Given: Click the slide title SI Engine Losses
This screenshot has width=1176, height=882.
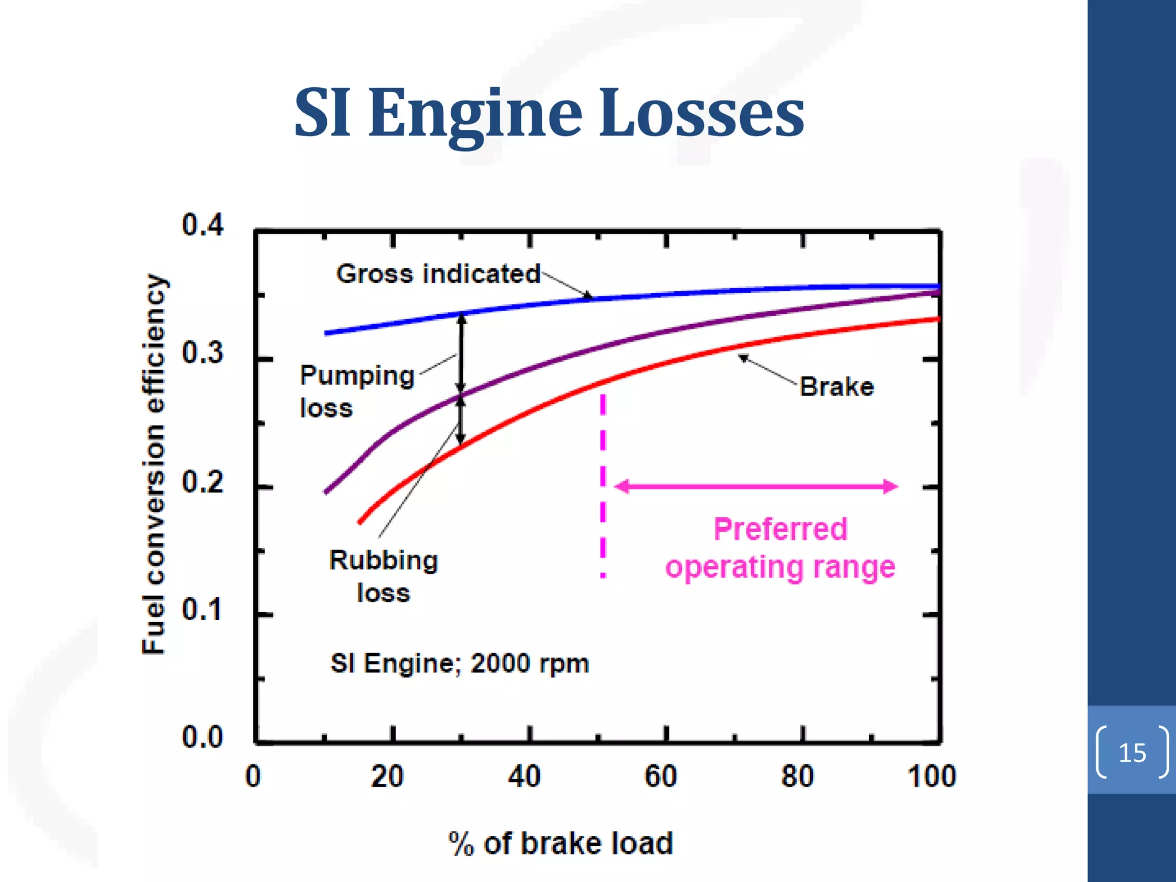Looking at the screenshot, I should [x=549, y=113].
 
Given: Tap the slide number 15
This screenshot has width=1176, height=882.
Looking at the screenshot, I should [x=1132, y=753].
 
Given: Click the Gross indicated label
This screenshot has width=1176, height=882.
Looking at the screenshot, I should [x=438, y=274].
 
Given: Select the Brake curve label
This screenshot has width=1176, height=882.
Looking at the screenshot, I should [x=837, y=387].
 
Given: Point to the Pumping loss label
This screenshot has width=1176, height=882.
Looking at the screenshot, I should [x=356, y=392].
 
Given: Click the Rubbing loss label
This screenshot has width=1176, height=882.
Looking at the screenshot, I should [x=384, y=576].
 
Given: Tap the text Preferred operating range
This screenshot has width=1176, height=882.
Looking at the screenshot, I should [x=780, y=548].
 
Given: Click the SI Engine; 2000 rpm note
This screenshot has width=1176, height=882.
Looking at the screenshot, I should [x=459, y=664].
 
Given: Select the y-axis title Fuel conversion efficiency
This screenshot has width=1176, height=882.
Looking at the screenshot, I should [x=153, y=464].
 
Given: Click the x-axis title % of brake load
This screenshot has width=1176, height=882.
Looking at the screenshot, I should [x=560, y=844].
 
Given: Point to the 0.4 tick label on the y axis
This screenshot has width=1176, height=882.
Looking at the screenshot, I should [x=202, y=225].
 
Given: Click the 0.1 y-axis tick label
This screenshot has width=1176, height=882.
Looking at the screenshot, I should [x=202, y=610].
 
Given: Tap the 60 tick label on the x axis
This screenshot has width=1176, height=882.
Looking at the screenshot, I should [x=660, y=776].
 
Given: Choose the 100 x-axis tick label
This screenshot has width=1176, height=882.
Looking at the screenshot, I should [x=931, y=776].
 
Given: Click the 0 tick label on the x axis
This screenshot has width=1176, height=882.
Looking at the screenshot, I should [x=253, y=776].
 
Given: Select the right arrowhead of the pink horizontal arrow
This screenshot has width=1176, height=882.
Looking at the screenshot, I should [x=890, y=487].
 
